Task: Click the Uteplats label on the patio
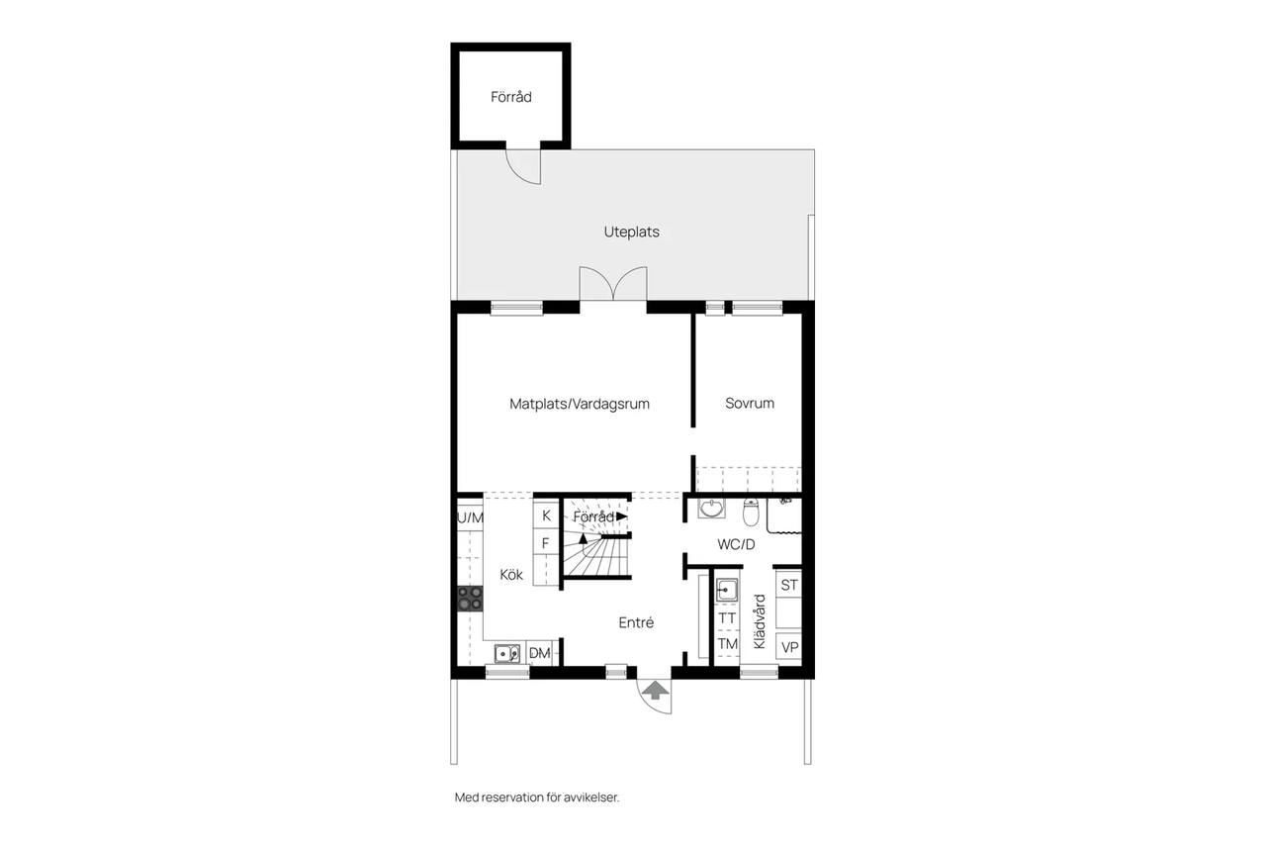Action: [631, 232]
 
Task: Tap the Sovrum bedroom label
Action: [750, 403]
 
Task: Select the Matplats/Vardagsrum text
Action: [580, 404]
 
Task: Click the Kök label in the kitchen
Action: [511, 574]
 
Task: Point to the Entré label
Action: [636, 622]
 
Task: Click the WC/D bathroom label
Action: [736, 544]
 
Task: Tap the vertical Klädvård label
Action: [760, 621]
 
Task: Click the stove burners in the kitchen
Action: [470, 599]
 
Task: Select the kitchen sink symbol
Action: [507, 653]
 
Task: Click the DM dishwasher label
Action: [540, 653]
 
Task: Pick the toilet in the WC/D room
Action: [751, 513]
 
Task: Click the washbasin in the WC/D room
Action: [711, 509]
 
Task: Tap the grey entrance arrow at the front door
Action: [655, 691]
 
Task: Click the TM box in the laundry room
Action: [727, 644]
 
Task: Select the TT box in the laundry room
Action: [727, 618]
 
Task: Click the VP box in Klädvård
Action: [789, 647]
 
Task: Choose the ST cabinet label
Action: [789, 585]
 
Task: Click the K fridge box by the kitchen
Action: [547, 516]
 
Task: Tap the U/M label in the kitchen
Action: [470, 517]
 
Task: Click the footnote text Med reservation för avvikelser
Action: [537, 797]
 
